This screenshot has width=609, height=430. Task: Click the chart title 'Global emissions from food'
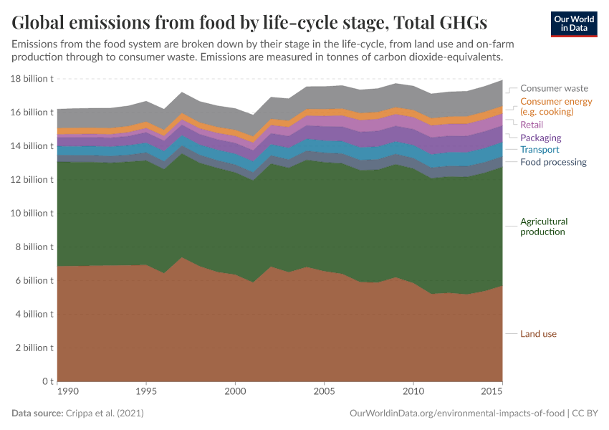pos(249,22)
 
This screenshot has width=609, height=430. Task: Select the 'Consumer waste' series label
pos(554,88)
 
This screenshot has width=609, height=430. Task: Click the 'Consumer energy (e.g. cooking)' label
pos(556,106)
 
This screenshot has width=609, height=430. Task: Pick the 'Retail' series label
pos(532,125)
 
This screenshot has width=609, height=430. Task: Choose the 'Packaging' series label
pos(540,138)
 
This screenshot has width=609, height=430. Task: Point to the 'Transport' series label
pos(540,150)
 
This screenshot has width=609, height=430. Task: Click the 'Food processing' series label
pos(553,162)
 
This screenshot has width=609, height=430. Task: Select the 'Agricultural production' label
pos(544,226)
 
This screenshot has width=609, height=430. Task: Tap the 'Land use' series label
pos(538,334)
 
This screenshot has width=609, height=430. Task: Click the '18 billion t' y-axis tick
pos(32,79)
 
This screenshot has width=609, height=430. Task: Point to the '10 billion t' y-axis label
pos(32,214)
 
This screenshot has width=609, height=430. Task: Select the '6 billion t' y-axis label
pos(34,280)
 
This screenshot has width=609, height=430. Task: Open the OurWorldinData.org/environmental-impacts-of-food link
pos(456,414)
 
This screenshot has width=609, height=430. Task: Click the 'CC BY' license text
pos(584,414)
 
